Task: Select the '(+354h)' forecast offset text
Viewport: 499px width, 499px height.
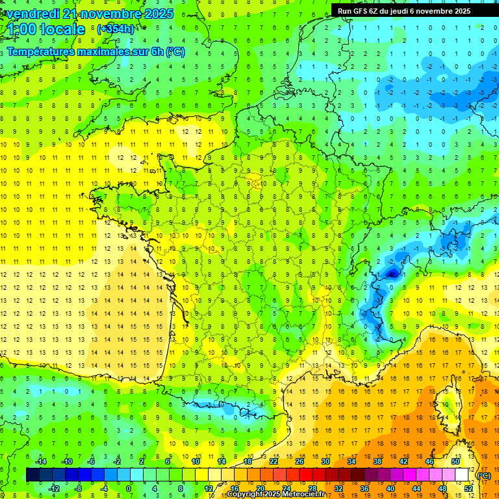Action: (116, 29)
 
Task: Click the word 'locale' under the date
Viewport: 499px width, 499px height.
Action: (62, 29)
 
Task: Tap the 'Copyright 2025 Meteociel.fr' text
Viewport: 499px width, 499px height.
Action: (275, 494)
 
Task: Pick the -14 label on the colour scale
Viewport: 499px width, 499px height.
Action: (40, 461)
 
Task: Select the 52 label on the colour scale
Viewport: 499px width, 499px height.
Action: (468, 489)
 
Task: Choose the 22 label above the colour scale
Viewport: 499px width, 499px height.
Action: (273, 461)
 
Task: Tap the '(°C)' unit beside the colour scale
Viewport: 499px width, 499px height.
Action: (484, 475)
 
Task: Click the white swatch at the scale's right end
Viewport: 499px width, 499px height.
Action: (462, 475)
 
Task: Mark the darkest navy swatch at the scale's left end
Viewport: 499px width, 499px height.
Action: (32, 475)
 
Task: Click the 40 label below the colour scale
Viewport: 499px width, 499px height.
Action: (390, 489)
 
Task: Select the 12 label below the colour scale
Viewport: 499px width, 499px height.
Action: (208, 489)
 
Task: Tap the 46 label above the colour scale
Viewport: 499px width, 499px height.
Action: (429, 461)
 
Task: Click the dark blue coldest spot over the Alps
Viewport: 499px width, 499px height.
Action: (392, 274)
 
